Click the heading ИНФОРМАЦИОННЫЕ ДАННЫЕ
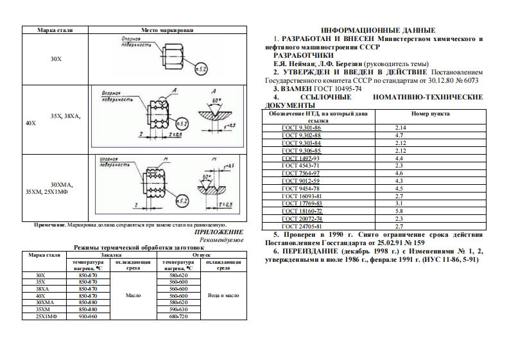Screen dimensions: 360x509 coord(377,30)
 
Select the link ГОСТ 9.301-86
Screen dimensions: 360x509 coord(300,128)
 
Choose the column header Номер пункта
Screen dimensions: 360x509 coord(430,113)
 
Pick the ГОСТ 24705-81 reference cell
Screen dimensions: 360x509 coord(300,226)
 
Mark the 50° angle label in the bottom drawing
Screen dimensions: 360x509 coord(206,176)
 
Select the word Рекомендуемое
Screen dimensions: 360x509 coord(221,240)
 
